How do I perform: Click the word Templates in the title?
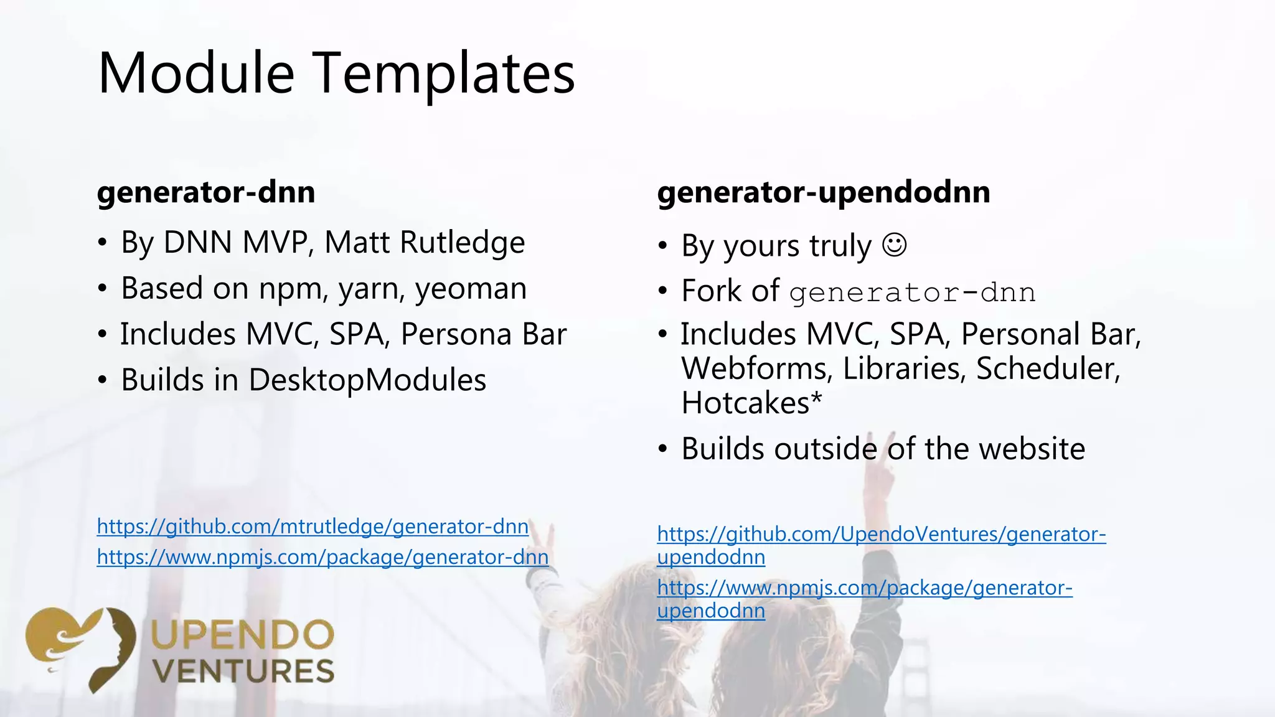pyautogui.click(x=443, y=73)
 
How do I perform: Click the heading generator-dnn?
pyautogui.click(x=206, y=192)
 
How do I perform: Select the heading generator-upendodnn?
pyautogui.click(x=823, y=192)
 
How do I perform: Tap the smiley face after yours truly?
pyautogui.click(x=895, y=245)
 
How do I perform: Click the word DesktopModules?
pyautogui.click(x=367, y=380)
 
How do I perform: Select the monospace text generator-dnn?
pyautogui.click(x=912, y=293)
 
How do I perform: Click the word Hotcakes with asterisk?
pyautogui.click(x=751, y=403)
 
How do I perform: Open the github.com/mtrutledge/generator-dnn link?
pyautogui.click(x=313, y=527)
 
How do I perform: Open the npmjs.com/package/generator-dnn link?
pyautogui.click(x=322, y=557)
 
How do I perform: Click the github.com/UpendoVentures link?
pyautogui.click(x=881, y=534)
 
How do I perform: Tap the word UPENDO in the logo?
pyautogui.click(x=242, y=635)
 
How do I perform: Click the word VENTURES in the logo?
pyautogui.click(x=243, y=672)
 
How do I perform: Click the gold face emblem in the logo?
pyautogui.click(x=81, y=647)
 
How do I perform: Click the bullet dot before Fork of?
pyautogui.click(x=663, y=291)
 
